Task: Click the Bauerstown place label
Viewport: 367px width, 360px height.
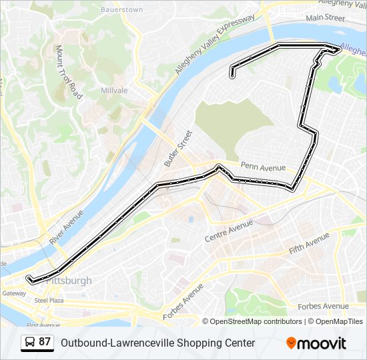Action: click(x=121, y=10)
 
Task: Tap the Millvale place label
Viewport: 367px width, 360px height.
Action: click(x=114, y=90)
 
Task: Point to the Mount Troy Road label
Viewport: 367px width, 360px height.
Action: click(x=69, y=72)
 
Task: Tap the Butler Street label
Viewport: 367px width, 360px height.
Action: click(x=177, y=148)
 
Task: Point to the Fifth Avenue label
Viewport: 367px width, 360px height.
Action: click(x=309, y=243)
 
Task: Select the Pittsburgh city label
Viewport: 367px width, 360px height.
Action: click(x=69, y=281)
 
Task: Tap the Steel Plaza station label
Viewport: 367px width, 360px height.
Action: click(x=49, y=301)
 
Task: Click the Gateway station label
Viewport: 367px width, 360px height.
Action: click(x=13, y=293)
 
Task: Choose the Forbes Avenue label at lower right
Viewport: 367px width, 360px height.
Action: click(x=326, y=306)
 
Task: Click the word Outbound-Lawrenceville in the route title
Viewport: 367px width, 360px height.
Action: click(x=111, y=343)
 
